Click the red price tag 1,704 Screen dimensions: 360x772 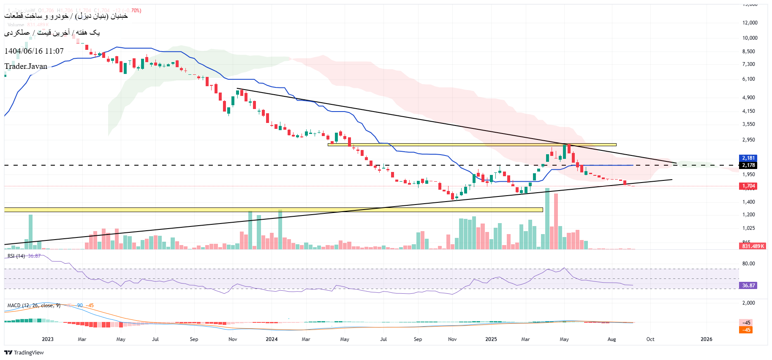point(748,186)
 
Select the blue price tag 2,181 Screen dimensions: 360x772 point(748,158)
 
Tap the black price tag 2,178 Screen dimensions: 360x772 point(748,165)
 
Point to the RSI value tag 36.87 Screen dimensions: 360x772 point(748,286)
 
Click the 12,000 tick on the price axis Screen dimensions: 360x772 point(750,23)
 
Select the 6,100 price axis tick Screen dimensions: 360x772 point(748,79)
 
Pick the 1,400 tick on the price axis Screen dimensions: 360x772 point(748,202)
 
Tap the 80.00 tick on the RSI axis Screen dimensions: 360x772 point(748,264)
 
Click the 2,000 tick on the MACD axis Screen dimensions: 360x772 point(748,303)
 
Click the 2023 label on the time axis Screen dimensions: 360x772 point(48,339)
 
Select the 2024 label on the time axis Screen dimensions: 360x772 point(272,339)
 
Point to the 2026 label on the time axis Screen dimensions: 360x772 point(706,339)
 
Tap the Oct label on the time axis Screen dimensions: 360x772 point(650,339)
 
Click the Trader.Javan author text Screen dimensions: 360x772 point(26,66)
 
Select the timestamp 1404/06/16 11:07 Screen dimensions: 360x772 point(34,51)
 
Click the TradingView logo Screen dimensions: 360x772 point(24,352)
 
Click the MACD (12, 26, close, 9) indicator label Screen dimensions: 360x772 point(34,305)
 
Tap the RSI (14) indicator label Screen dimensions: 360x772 point(16,256)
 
